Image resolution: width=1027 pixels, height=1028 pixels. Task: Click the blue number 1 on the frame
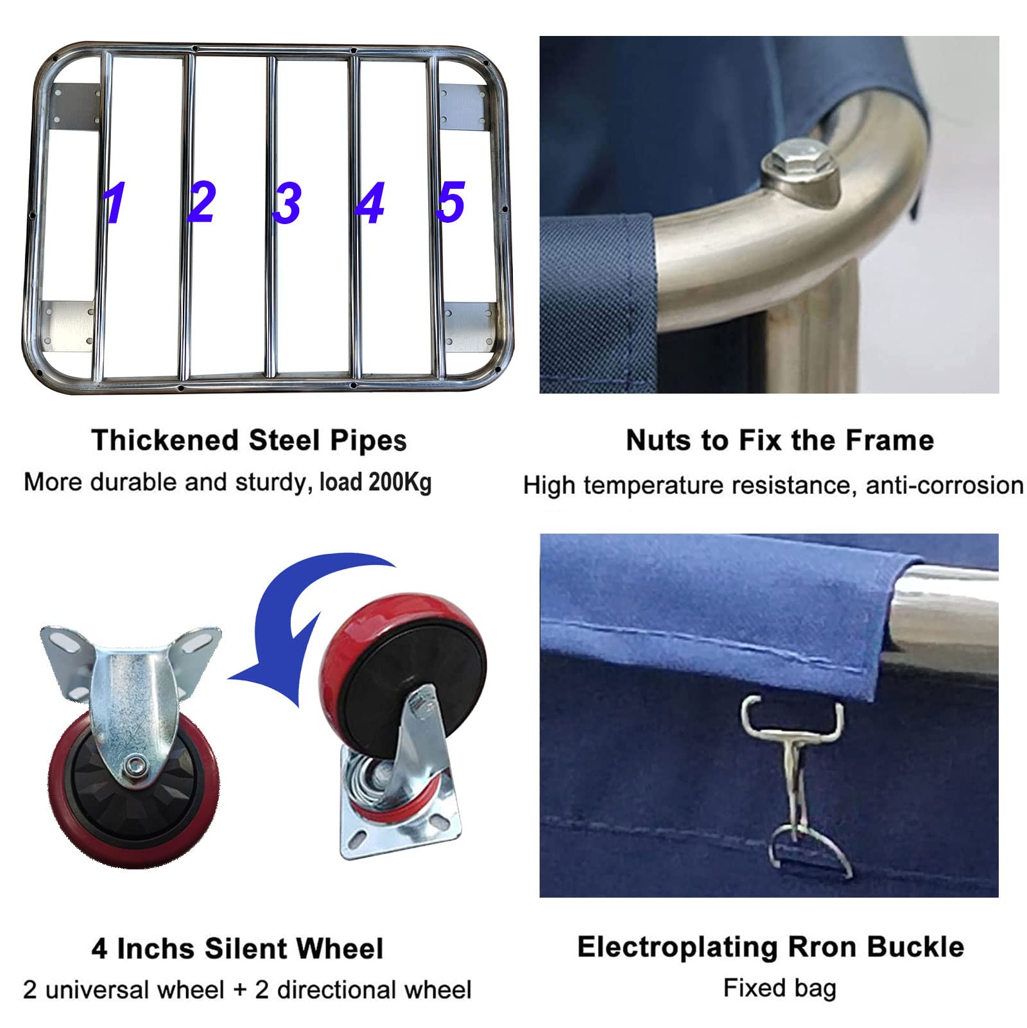click(115, 203)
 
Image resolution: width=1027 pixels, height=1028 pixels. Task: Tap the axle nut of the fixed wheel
click(135, 765)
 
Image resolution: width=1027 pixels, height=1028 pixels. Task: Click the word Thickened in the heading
click(165, 440)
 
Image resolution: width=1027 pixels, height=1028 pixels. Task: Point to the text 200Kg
click(400, 482)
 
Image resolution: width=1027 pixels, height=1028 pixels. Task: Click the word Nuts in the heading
click(659, 440)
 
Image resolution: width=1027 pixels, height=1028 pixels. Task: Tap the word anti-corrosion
click(945, 485)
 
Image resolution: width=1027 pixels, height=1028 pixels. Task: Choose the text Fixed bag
click(780, 988)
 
